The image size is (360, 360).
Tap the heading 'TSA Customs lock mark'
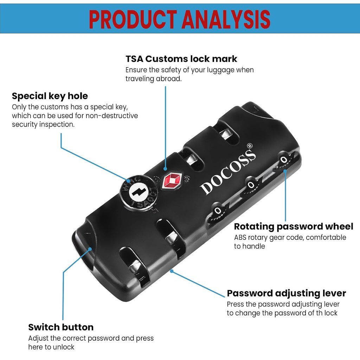pos(181,59)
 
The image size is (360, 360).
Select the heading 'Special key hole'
pos(50,96)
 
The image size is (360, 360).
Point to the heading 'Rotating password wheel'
pos(294,227)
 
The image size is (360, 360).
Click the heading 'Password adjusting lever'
pos(286,294)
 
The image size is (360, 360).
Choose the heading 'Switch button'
pos(61,327)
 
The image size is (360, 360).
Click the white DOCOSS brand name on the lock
pos(228,172)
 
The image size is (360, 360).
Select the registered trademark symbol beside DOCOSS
pos(249,146)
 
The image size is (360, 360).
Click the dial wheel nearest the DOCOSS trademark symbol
pos(284,161)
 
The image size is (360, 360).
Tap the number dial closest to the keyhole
pos(218,211)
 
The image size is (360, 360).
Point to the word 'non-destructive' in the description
pos(111,115)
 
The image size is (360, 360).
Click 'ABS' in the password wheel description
pos(239,237)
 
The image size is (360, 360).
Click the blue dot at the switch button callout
pos(90,249)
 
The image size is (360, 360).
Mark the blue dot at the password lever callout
pos(171,271)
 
